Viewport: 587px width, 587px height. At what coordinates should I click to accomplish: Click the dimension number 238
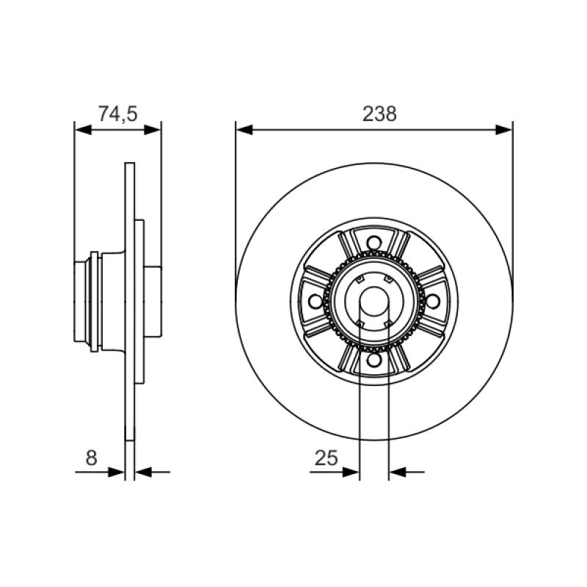(379, 114)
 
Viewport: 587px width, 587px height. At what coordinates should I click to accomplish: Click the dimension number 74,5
(118, 114)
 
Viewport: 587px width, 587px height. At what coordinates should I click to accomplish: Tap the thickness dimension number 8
(91, 457)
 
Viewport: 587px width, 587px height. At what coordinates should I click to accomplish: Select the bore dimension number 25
(326, 457)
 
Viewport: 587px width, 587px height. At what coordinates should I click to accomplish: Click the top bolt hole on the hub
(373, 243)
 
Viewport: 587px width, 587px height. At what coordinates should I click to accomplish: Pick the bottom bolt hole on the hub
(373, 360)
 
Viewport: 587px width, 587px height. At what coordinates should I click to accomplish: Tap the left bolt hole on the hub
(316, 302)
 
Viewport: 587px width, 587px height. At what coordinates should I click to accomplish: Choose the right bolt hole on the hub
(432, 302)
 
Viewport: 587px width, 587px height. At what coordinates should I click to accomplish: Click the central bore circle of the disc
(373, 302)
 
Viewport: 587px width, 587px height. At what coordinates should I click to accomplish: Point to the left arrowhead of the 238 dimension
(244, 130)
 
